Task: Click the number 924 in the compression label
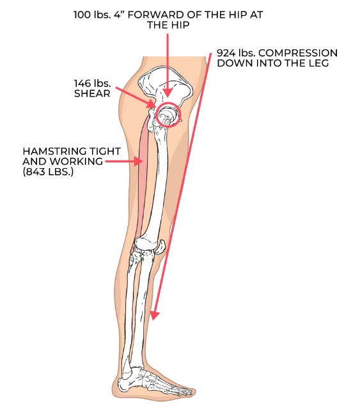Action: point(226,53)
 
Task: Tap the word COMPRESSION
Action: point(298,53)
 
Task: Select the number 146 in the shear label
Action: point(82,83)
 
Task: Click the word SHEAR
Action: point(92,94)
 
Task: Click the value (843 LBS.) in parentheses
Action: point(48,172)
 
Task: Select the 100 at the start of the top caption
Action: point(82,15)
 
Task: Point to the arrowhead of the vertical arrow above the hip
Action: point(168,93)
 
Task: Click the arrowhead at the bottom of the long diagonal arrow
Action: point(154,315)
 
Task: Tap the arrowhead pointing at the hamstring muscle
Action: point(139,161)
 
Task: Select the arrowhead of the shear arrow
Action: point(152,104)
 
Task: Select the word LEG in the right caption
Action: point(320,63)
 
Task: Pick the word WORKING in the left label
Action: point(76,161)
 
